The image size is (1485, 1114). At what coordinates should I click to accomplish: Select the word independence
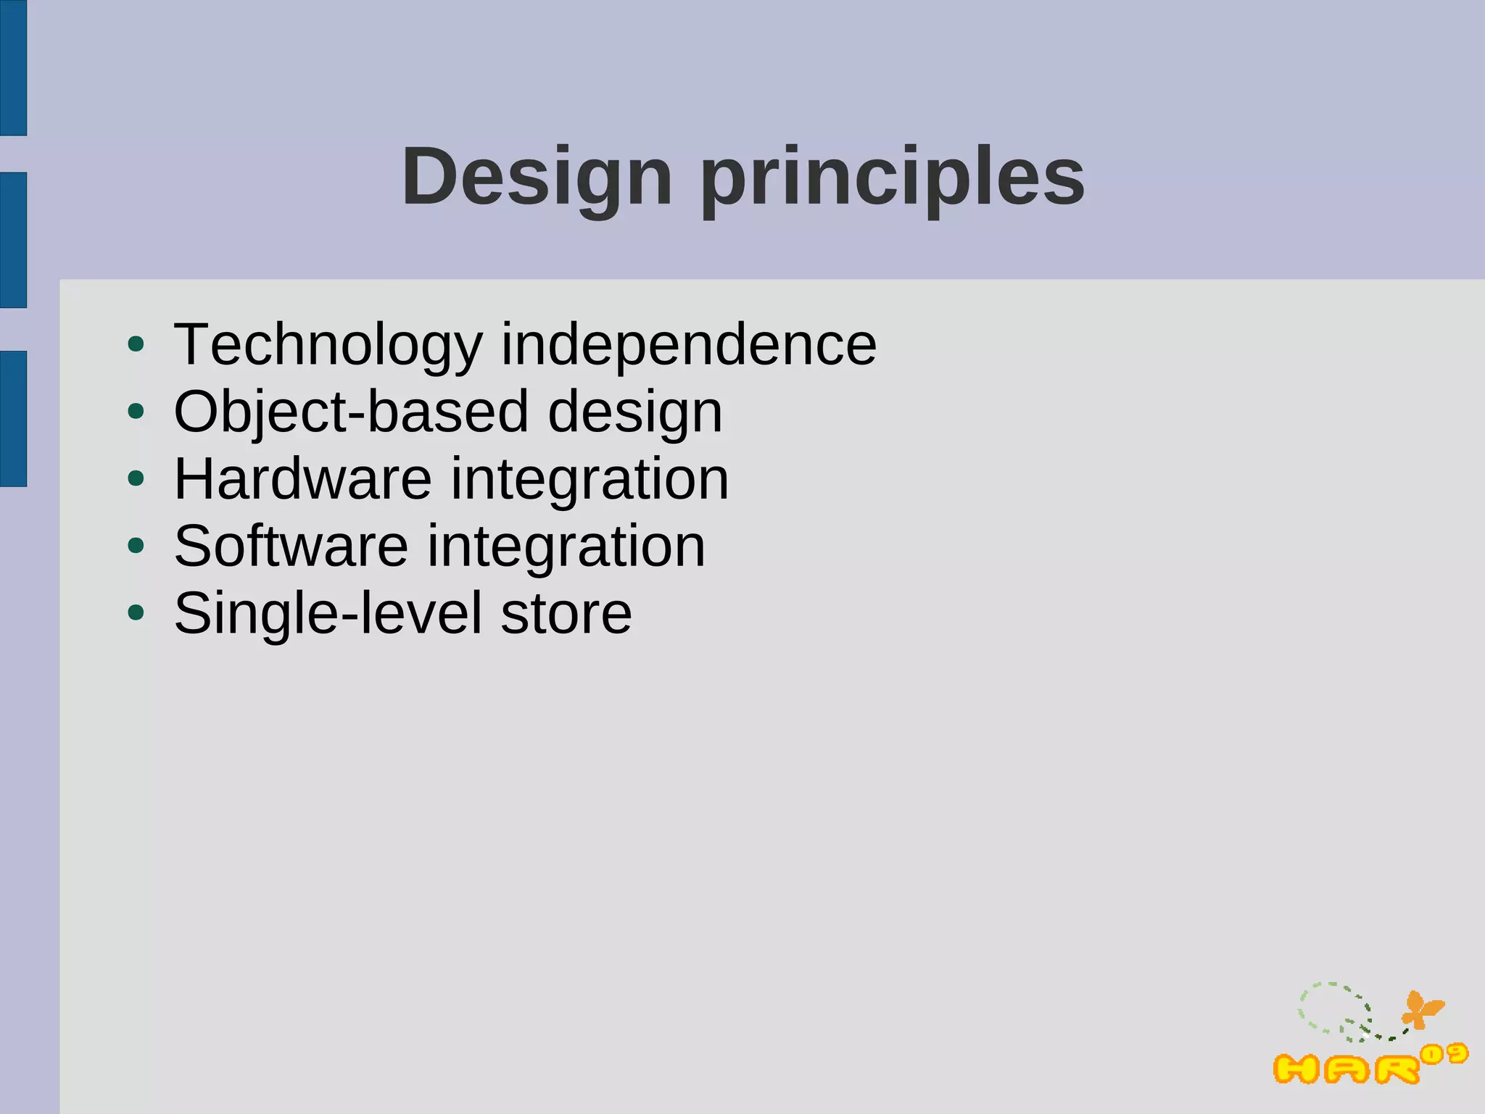pyautogui.click(x=689, y=345)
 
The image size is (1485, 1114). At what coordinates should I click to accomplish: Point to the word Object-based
pyautogui.click(x=351, y=412)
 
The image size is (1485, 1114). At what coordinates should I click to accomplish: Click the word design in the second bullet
pyautogui.click(x=635, y=412)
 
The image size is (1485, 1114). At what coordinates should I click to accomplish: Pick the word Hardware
pyautogui.click(x=303, y=479)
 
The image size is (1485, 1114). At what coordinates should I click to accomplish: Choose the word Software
pyautogui.click(x=291, y=546)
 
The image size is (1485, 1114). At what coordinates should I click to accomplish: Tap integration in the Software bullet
pyautogui.click(x=566, y=546)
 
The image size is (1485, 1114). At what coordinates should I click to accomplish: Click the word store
pyautogui.click(x=566, y=613)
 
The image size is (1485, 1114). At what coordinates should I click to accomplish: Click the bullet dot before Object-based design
pyautogui.click(x=136, y=412)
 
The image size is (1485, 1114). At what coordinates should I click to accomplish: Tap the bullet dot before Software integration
pyautogui.click(x=136, y=546)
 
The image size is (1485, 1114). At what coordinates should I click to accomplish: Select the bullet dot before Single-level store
pyautogui.click(x=136, y=612)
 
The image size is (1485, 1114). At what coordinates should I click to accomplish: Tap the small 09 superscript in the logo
pyautogui.click(x=1444, y=1053)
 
